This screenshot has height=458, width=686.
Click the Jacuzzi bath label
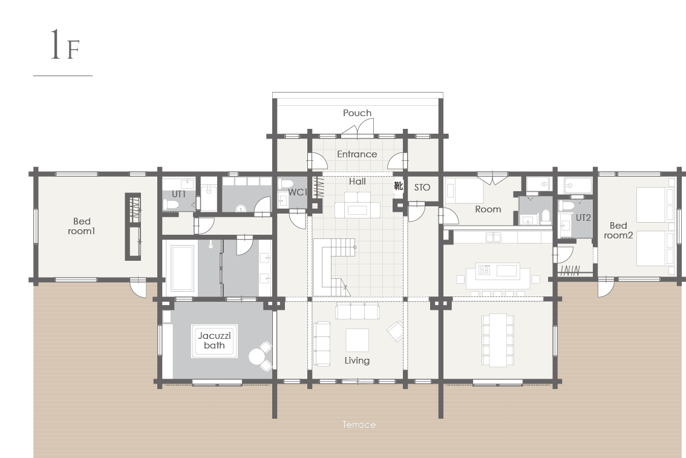pyautogui.click(x=214, y=341)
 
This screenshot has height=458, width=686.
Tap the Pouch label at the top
pyautogui.click(x=357, y=113)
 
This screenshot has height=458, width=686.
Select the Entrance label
pyautogui.click(x=357, y=154)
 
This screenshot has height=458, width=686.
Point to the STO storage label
pyautogui.click(x=422, y=187)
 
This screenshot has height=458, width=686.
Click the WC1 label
pyautogui.click(x=298, y=192)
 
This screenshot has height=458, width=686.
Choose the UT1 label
pyautogui.click(x=178, y=194)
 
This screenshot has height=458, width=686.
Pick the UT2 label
pyautogui.click(x=583, y=217)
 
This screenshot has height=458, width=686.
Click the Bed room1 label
pyautogui.click(x=82, y=226)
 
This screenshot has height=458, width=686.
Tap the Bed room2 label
pyautogui.click(x=618, y=231)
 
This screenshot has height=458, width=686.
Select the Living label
pyautogui.click(x=357, y=361)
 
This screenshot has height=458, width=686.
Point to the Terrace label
pyautogui.click(x=359, y=425)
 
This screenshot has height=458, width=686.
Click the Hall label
pyautogui.click(x=358, y=181)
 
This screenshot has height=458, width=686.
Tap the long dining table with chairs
pyautogui.click(x=498, y=340)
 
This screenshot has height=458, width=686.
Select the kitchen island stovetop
pyautogui.click(x=484, y=270)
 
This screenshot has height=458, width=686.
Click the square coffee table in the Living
pyautogui.click(x=357, y=340)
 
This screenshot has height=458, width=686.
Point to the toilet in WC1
pyautogui.click(x=286, y=183)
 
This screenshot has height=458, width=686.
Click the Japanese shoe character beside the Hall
pyautogui.click(x=398, y=186)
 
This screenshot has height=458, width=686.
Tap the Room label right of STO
pyautogui.click(x=488, y=209)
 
